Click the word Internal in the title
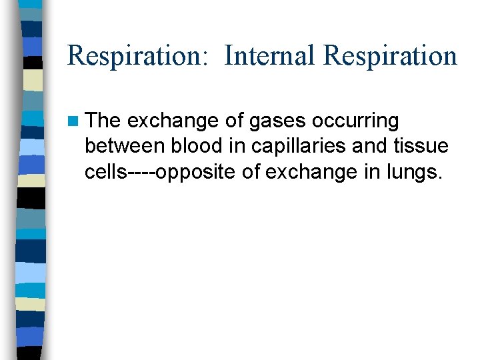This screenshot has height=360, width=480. [x=270, y=56]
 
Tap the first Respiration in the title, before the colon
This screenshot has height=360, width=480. [x=137, y=56]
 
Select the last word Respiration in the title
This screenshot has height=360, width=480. [x=390, y=56]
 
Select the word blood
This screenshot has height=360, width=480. [x=195, y=147]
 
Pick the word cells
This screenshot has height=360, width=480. [x=106, y=172]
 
